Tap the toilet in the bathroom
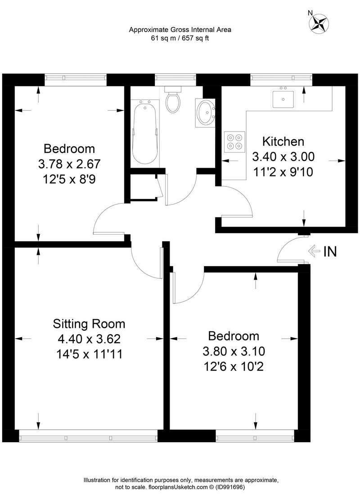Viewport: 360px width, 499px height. tap(173, 99)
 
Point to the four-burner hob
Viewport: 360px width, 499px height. tap(235, 141)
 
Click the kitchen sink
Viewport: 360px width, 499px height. tap(283, 99)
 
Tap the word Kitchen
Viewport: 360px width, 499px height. tap(283, 141)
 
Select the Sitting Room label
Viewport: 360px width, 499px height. tap(89, 324)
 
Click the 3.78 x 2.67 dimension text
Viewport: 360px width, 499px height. tap(69, 164)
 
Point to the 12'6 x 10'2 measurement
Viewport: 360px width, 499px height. tap(234, 367)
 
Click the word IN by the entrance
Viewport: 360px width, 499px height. tap(330, 252)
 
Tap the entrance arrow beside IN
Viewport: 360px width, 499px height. tap(314, 251)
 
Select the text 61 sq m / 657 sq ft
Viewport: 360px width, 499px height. tap(180, 38)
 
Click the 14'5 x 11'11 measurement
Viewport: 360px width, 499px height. tap(90, 354)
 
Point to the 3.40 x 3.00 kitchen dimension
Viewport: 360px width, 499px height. tap(283, 156)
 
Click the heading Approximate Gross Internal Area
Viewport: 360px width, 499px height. tap(180, 30)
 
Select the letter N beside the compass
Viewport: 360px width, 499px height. tap(310, 13)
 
